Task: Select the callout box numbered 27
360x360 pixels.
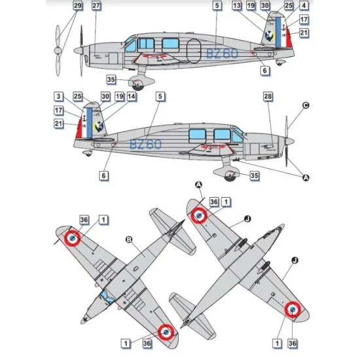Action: pos(96,7)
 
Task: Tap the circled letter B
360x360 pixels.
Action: pos(129,240)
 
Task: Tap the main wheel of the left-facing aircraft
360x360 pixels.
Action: pos(138,84)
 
